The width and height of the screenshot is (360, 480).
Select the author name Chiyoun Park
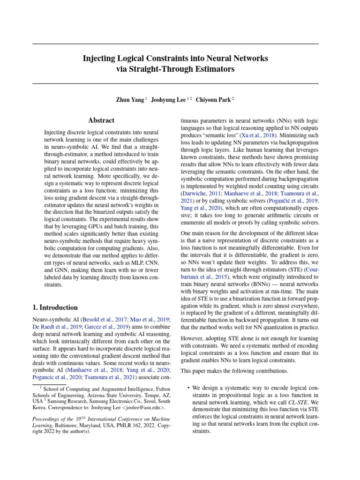pos(214,100)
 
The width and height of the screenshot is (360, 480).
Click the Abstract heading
pos(101,120)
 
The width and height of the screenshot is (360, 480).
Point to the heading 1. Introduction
pos(55,307)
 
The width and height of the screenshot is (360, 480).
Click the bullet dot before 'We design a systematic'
pos(188,389)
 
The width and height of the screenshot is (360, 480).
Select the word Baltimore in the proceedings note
pos(67,425)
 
